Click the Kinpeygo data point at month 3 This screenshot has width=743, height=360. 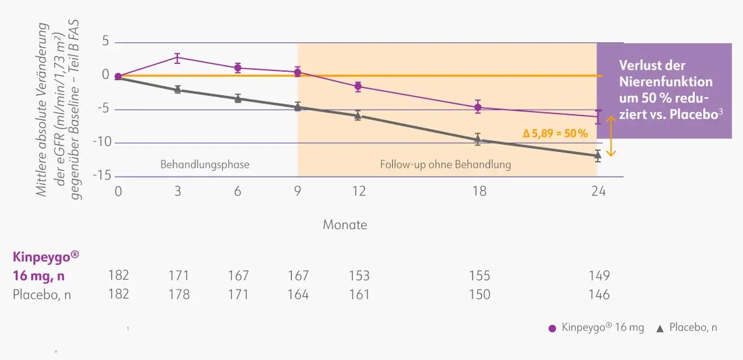[177, 57]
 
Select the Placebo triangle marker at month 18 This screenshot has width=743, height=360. [478, 140]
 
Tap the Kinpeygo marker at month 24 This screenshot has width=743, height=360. [598, 117]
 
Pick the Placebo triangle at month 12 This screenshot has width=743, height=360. [358, 115]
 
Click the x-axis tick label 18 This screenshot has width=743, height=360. [479, 192]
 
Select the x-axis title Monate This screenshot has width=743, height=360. [345, 224]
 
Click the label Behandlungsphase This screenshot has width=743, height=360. [205, 164]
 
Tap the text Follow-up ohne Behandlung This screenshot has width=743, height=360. [445, 164]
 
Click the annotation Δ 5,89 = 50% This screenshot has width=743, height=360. [555, 133]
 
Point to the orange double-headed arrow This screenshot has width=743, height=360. [611, 136]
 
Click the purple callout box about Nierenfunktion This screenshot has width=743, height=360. [670, 90]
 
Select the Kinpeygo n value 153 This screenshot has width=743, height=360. [358, 275]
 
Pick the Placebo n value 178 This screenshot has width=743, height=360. [179, 294]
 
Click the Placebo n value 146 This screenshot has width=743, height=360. [599, 294]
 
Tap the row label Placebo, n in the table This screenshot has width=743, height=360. [42, 294]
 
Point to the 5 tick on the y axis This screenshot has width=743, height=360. [105, 42]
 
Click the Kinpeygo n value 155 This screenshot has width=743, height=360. [479, 275]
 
